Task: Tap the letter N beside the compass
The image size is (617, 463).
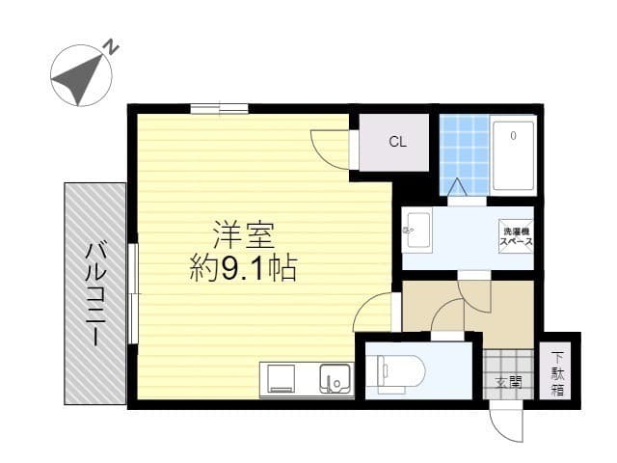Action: (x=112, y=46)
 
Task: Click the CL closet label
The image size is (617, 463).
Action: (x=397, y=142)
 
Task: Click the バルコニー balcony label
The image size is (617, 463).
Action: (x=95, y=293)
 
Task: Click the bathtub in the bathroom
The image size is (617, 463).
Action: (x=512, y=154)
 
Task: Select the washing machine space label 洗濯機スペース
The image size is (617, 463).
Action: (x=516, y=236)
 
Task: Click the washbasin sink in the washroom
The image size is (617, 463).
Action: (x=416, y=230)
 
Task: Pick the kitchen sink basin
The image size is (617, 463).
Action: (x=335, y=379)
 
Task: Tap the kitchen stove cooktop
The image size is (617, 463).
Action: (x=282, y=379)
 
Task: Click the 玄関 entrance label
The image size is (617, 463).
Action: (x=508, y=382)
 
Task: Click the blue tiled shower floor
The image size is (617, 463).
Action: (x=464, y=154)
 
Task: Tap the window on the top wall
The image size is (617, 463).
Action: (x=219, y=108)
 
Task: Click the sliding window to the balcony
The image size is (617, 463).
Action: (x=133, y=292)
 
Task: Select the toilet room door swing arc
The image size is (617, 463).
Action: (x=445, y=315)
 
